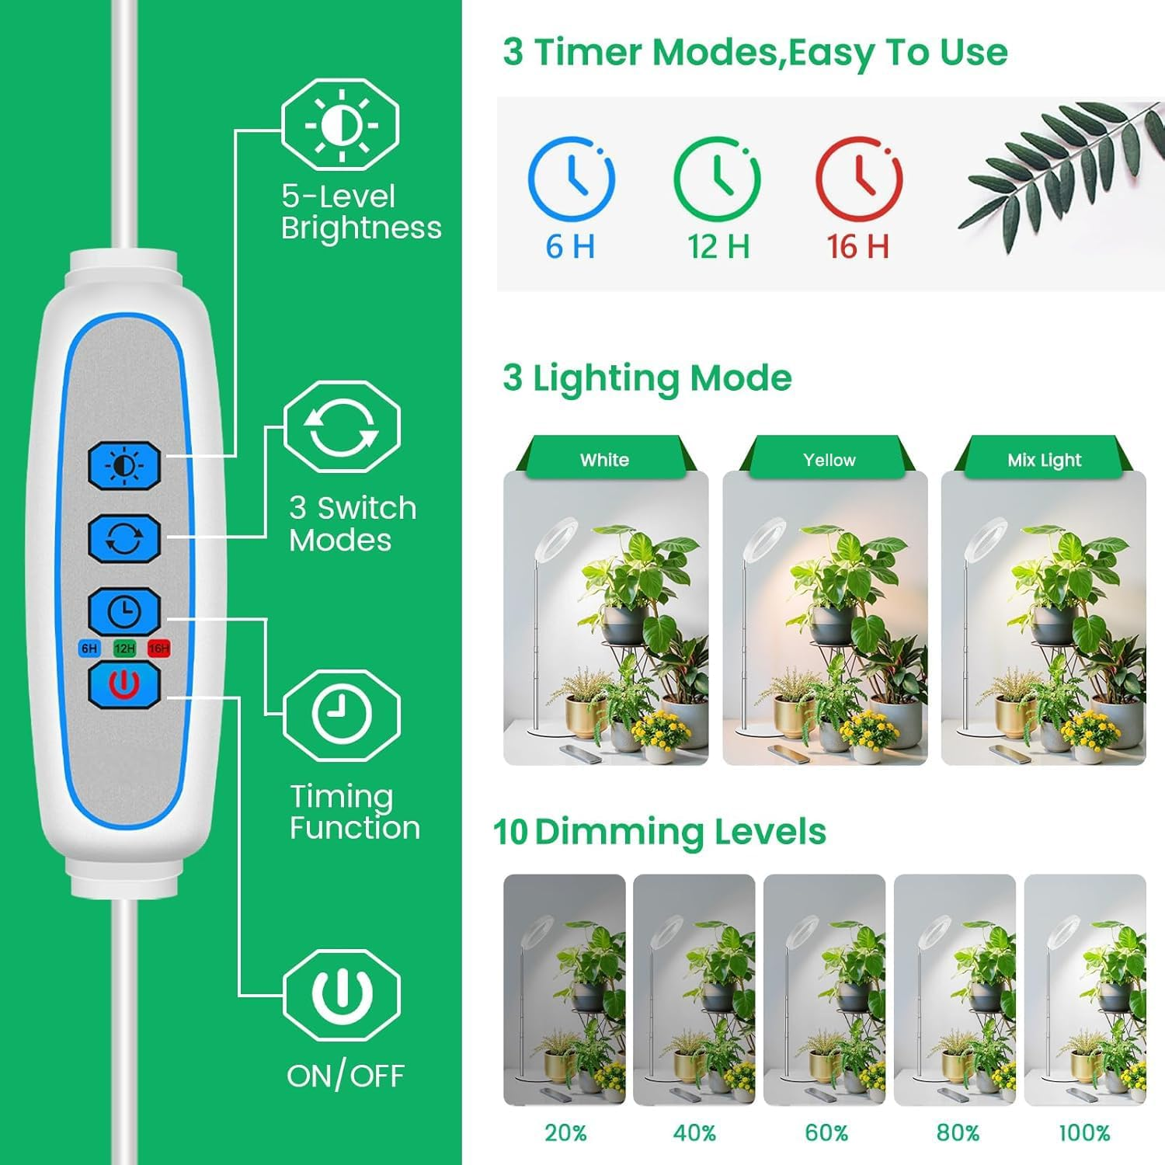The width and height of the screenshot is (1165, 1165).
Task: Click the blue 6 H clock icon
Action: coord(571,179)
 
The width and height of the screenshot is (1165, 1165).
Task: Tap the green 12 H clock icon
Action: coord(717,179)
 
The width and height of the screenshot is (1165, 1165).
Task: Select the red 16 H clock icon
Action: coord(858,179)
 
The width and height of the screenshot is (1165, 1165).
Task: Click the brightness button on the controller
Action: coord(124,465)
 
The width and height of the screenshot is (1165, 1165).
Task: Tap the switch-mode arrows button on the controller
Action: coord(124,537)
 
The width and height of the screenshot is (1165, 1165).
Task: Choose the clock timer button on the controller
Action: coord(124,611)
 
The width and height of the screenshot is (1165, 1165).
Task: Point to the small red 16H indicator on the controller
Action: coord(158,649)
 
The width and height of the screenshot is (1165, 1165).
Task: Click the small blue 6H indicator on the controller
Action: coord(89,649)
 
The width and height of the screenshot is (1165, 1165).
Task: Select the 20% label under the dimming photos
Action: coord(565,1132)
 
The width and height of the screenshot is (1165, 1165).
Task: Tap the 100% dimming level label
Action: coord(1084,1132)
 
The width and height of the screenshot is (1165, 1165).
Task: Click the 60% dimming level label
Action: coord(826,1132)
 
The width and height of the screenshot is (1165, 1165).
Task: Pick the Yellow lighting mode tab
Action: coord(829,460)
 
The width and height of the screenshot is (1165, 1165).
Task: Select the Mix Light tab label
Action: coord(1044,460)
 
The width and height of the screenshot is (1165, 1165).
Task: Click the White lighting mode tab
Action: coord(604,460)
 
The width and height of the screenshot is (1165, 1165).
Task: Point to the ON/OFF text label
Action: coord(345,1076)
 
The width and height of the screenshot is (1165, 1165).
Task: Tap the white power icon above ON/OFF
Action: coord(342,994)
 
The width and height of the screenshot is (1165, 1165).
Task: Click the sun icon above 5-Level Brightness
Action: coord(341,124)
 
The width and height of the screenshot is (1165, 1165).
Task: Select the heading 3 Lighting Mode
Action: coord(647,378)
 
